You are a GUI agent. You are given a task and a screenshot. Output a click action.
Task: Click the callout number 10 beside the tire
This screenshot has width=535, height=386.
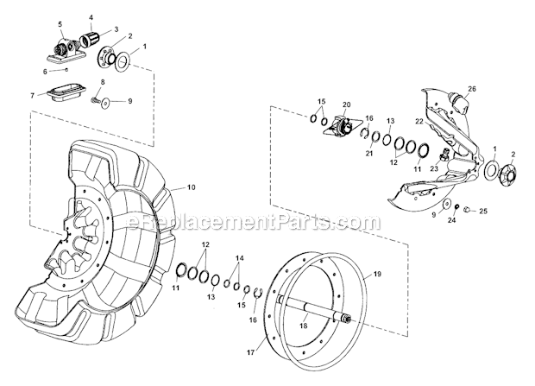point(191,187)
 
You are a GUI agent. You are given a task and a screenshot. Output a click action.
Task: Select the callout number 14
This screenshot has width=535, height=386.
point(239,258)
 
